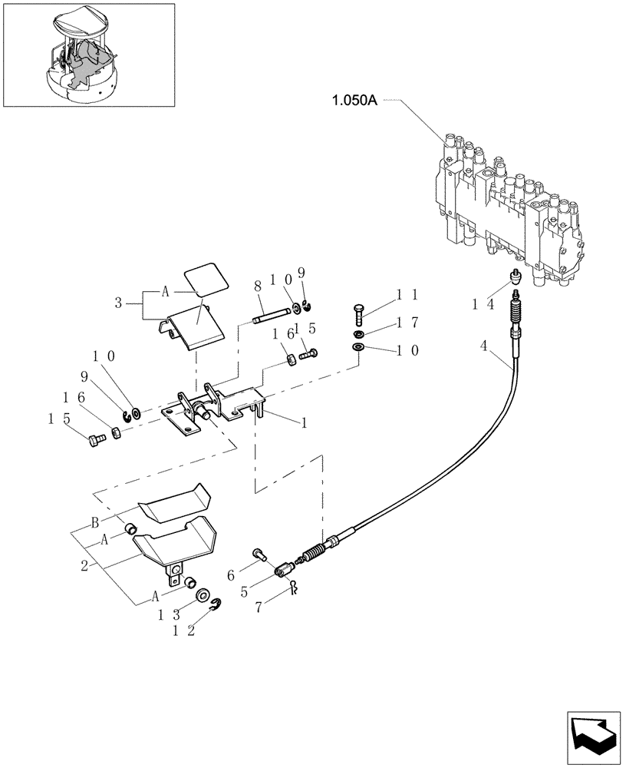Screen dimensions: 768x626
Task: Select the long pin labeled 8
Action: click(272, 312)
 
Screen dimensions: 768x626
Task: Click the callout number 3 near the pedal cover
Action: click(118, 303)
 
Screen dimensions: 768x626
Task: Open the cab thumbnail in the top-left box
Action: click(88, 55)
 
